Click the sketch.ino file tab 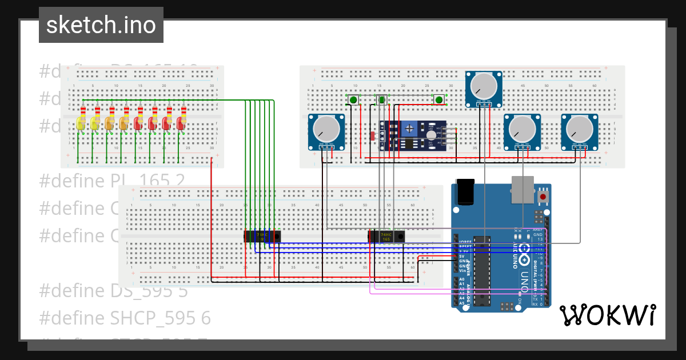click(101, 25)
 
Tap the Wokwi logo click(607, 315)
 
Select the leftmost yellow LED click(81, 123)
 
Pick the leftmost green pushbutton click(353, 101)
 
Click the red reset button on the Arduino click(543, 197)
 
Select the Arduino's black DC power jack click(465, 191)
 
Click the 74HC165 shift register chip click(386, 236)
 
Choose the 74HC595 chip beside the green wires click(262, 236)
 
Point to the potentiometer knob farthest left click(326, 129)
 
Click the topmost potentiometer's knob click(483, 86)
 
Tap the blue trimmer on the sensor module click(409, 129)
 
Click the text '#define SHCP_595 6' click(125, 318)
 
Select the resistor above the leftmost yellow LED click(83, 111)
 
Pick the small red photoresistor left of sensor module click(372, 136)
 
